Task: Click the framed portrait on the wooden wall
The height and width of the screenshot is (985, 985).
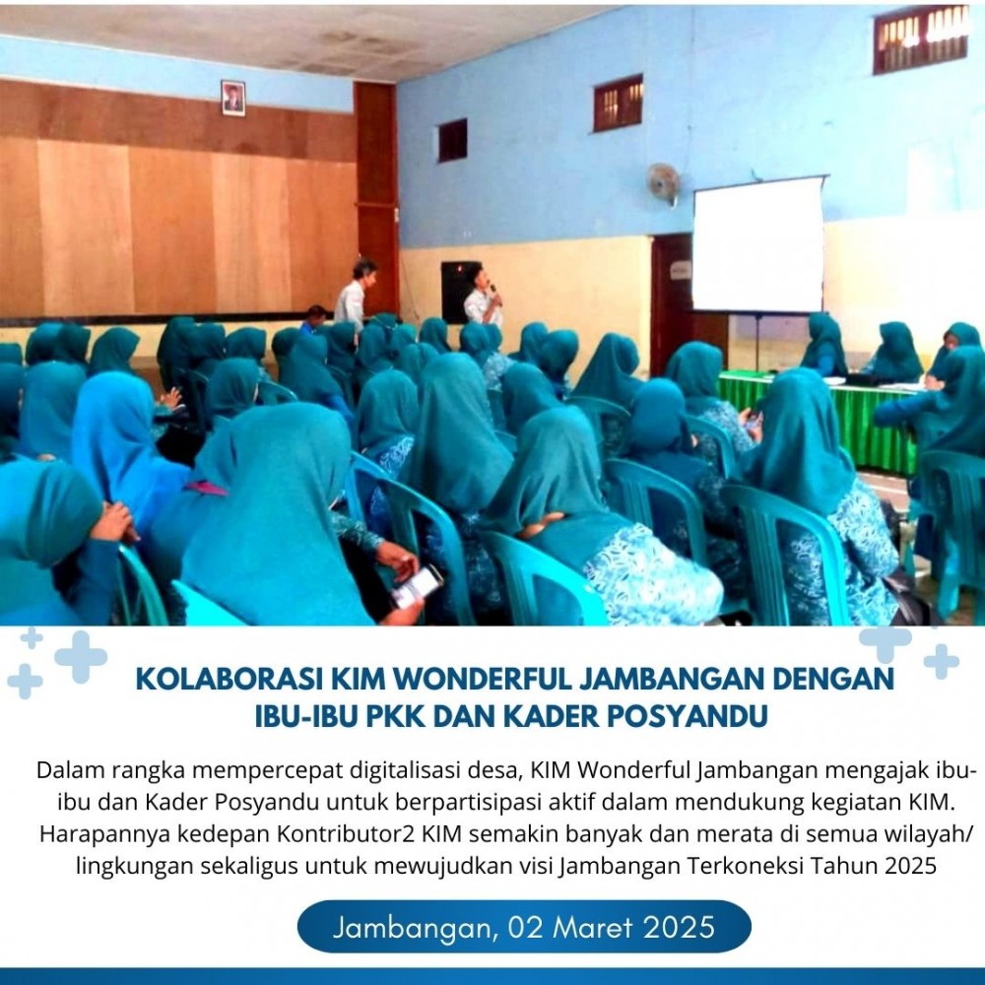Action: click(x=233, y=98)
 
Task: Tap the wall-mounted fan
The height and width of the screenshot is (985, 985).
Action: click(x=665, y=184)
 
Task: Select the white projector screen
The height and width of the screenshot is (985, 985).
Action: click(x=758, y=244)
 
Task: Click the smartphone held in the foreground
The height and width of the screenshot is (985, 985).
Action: click(x=417, y=587)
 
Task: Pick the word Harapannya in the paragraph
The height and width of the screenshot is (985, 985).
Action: click(x=103, y=834)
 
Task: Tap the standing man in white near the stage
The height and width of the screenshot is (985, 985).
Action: click(x=353, y=294)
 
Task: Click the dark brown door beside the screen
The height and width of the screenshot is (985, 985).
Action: click(x=672, y=300)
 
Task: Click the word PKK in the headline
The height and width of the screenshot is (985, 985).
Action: click(x=396, y=716)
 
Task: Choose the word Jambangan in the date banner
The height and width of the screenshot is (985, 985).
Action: click(x=416, y=928)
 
